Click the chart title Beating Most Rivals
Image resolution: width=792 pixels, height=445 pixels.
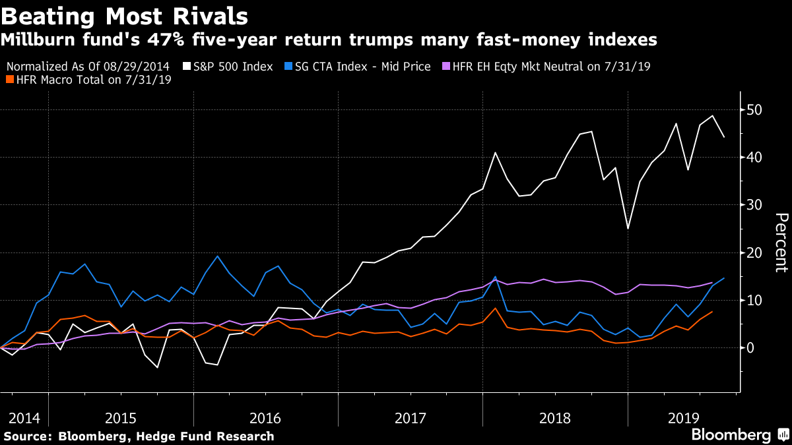coord(125,15)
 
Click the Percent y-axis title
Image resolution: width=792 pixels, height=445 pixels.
coord(781,243)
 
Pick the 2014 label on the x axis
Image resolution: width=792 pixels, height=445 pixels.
coord(24,418)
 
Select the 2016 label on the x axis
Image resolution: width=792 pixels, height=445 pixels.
coord(265,418)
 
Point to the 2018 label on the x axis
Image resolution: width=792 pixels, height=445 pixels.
coord(555,418)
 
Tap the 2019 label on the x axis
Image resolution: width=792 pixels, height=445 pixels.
coord(684,418)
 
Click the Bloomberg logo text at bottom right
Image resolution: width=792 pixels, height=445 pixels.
coord(731,434)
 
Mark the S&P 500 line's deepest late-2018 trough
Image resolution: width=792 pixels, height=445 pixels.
coord(628,229)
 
